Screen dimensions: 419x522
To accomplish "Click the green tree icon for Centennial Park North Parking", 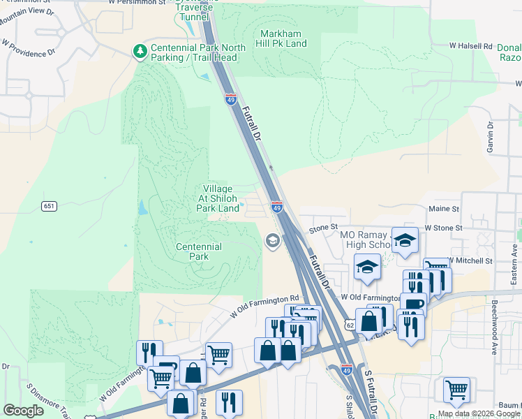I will [140, 51].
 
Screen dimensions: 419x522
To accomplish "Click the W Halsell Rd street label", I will [470, 45].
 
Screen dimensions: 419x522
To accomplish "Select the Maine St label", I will [444, 209].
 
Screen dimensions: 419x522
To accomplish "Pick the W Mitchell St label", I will [470, 260].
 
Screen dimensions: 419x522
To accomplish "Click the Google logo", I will [24, 411].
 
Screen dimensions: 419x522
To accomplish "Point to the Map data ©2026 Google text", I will [478, 413].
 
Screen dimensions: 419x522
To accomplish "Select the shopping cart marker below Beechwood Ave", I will [456, 390].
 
